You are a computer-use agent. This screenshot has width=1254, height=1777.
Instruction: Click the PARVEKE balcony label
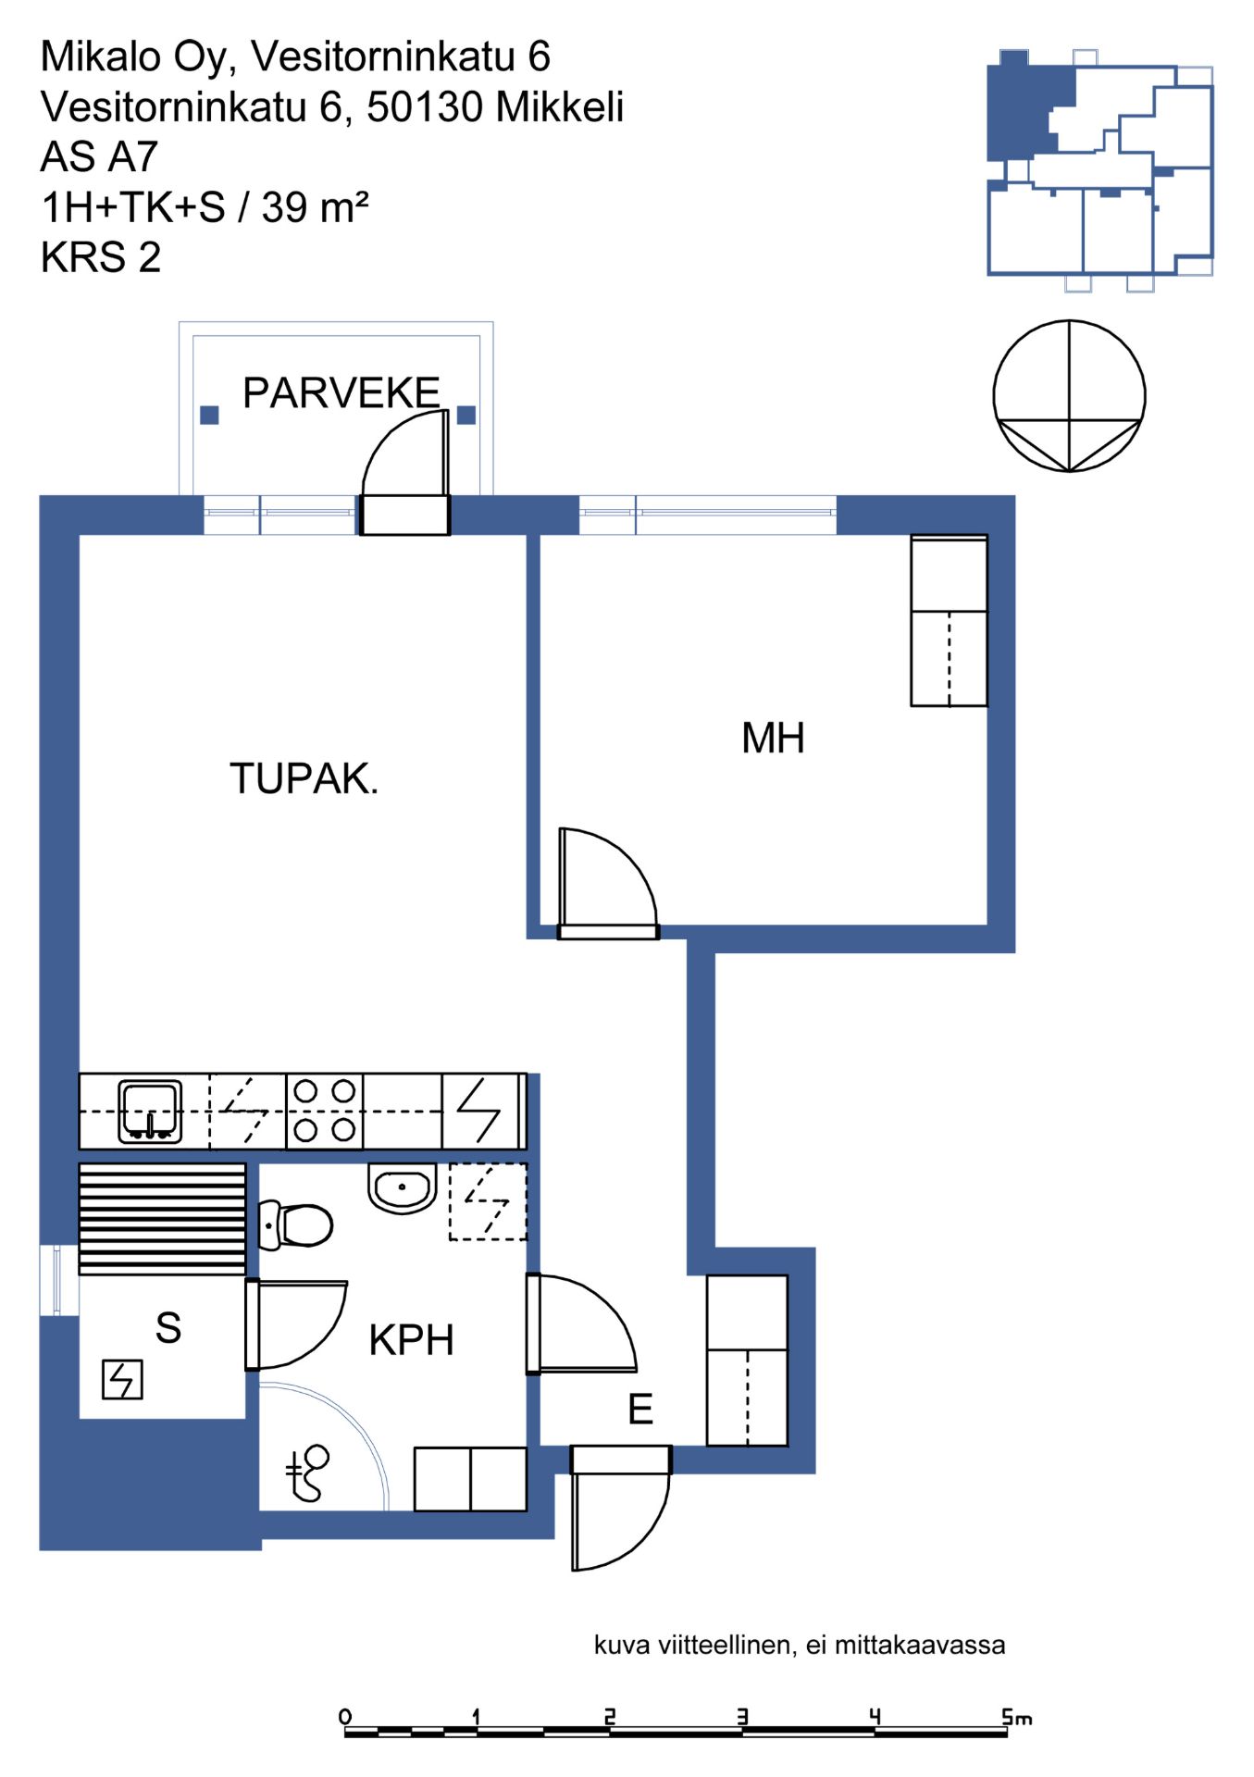click(341, 393)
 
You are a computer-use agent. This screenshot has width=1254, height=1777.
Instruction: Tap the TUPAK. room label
click(304, 778)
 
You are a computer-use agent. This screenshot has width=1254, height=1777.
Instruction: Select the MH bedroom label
click(773, 739)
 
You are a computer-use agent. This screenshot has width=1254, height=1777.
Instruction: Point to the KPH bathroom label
click(411, 1340)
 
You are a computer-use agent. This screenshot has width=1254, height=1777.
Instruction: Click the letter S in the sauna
click(168, 1328)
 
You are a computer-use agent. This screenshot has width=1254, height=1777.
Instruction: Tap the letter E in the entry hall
click(640, 1410)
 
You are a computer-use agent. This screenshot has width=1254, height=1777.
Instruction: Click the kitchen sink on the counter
click(150, 1111)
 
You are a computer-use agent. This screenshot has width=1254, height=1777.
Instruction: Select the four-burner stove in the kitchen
click(324, 1111)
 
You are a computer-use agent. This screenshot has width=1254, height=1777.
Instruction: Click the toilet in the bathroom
click(295, 1224)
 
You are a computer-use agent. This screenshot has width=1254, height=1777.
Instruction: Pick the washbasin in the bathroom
click(402, 1187)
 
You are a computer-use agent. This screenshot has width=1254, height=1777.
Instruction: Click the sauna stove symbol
click(122, 1380)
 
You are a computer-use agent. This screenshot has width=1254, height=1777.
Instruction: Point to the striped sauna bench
click(162, 1219)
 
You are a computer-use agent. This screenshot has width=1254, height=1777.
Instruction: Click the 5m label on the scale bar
click(1016, 1718)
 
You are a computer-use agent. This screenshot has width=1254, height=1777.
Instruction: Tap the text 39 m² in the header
click(316, 206)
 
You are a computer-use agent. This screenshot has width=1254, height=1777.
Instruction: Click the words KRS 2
click(101, 257)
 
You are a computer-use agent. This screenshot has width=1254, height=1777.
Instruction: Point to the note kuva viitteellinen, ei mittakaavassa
click(800, 1645)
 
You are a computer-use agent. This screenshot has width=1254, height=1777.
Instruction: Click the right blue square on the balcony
click(466, 415)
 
